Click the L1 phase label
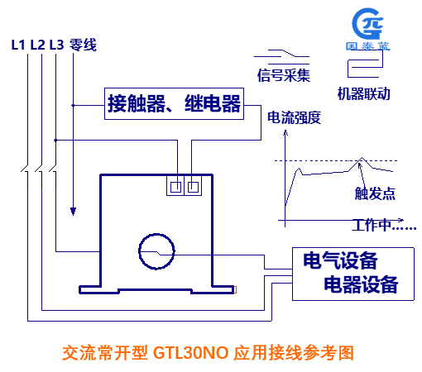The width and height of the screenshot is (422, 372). (18, 45)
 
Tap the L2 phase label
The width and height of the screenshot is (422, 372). (37, 45)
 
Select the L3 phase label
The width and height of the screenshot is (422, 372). (56, 45)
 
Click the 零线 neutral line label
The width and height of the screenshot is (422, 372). (83, 45)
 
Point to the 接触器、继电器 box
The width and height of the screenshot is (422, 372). (174, 103)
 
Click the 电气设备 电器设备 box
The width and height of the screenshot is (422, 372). (353, 274)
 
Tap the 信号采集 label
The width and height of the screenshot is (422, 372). (284, 75)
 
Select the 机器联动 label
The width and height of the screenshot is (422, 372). (364, 93)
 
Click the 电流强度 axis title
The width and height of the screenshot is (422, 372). (294, 117)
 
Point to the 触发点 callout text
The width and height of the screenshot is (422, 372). (375, 193)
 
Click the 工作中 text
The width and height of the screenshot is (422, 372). (372, 225)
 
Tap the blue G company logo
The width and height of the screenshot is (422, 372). (368, 24)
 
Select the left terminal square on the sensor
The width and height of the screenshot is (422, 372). (175, 188)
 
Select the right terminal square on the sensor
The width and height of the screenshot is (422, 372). (193, 188)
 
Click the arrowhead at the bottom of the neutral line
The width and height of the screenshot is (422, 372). (73, 212)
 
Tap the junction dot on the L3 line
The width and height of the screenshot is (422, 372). (55, 141)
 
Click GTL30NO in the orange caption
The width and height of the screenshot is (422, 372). (190, 353)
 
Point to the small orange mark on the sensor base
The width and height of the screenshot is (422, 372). (235, 289)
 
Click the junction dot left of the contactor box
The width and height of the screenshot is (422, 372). (73, 105)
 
